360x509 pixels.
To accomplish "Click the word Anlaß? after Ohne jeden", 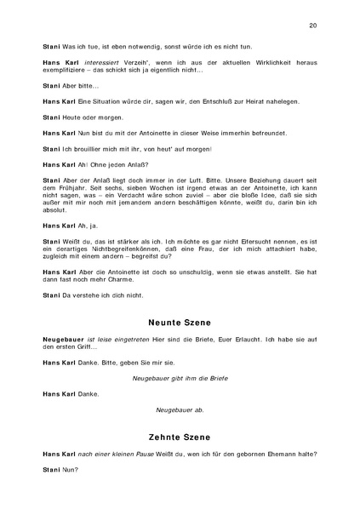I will (135, 163).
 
